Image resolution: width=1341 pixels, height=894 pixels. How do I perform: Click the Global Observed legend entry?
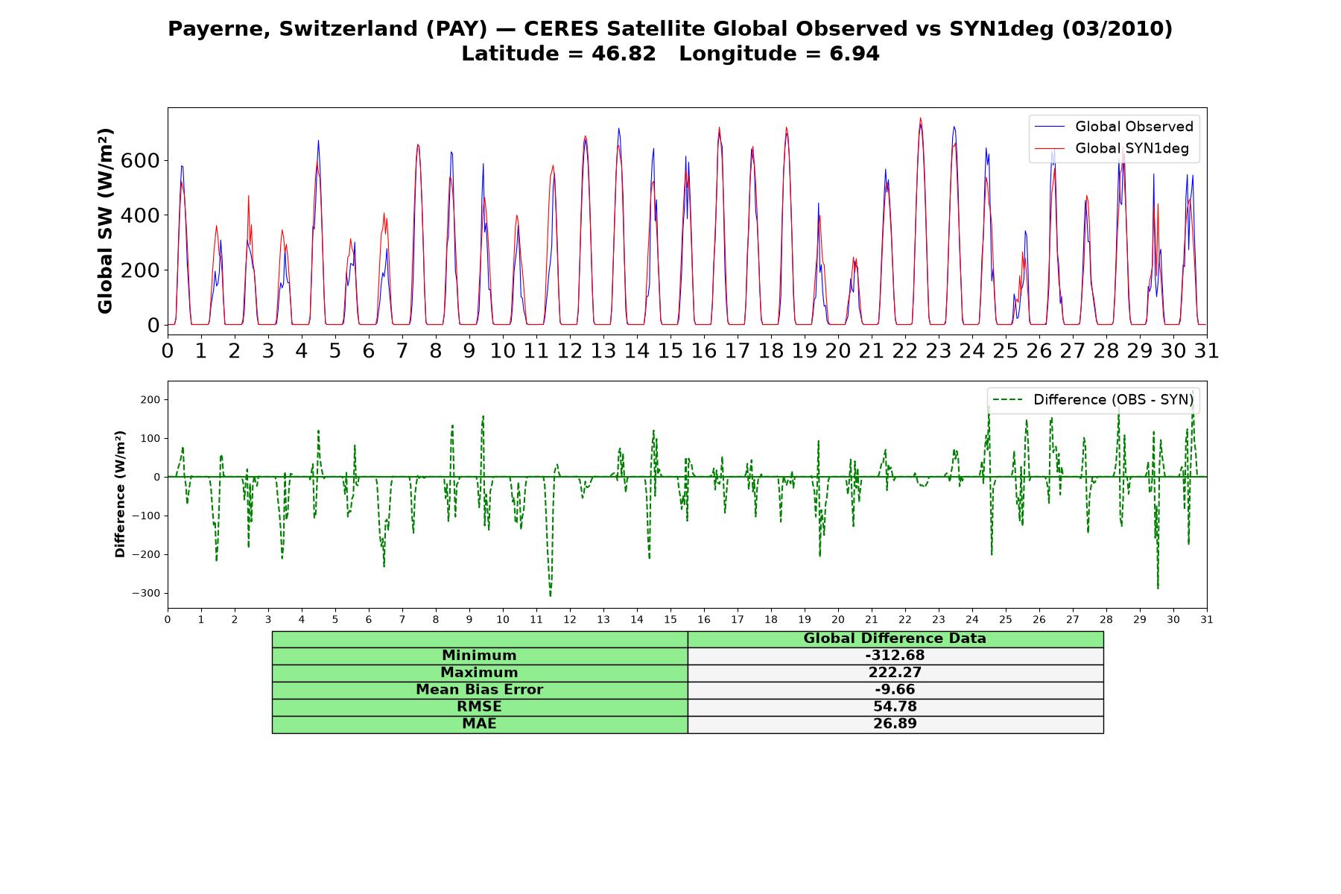pos(1114,127)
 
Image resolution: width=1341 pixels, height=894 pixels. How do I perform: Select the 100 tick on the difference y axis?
pos(150,438)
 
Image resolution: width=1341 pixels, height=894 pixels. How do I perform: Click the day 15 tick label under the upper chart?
pos(670,350)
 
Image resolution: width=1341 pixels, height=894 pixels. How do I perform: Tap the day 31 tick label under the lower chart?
pos(1207,620)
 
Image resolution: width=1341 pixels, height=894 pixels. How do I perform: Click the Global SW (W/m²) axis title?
pos(105,221)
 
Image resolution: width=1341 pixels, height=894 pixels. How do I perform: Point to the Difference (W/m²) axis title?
pos(120,494)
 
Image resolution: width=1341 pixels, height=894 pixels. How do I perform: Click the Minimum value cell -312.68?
pos(895,656)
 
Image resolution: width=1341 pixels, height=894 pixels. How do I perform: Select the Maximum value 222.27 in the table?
pos(895,673)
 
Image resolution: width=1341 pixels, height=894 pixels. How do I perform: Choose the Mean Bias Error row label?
pos(479,690)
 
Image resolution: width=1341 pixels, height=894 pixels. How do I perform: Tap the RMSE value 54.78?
pos(895,707)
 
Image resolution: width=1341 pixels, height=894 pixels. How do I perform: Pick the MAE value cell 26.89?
pos(895,724)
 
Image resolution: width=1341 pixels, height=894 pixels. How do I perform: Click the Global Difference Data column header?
pos(895,638)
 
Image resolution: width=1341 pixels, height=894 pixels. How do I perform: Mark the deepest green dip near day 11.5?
pos(551,596)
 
